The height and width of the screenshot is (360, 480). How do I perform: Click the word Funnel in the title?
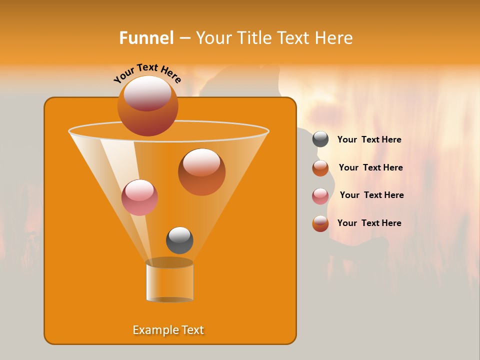(x=146, y=38)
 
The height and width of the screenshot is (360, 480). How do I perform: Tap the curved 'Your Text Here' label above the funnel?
(x=147, y=73)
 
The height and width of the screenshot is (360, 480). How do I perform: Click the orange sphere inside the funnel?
(x=201, y=172)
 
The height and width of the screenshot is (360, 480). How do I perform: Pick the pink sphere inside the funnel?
(x=139, y=197)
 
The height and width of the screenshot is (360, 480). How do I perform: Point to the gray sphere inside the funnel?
(x=179, y=240)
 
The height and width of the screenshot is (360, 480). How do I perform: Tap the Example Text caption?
(x=168, y=330)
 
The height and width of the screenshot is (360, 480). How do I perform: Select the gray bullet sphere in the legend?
(x=320, y=139)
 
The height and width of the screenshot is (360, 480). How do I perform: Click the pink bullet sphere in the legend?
(x=320, y=196)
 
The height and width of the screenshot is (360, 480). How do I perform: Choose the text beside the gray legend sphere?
(x=369, y=140)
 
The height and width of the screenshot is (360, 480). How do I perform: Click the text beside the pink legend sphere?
(x=371, y=195)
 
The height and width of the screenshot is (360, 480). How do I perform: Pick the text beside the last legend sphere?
(x=369, y=223)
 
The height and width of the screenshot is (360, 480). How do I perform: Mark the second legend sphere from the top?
(x=320, y=168)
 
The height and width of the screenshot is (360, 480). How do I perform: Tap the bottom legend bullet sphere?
(x=320, y=223)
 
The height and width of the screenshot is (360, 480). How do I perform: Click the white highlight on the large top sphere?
(x=147, y=92)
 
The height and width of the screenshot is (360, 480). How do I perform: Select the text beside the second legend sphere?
(x=370, y=167)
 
